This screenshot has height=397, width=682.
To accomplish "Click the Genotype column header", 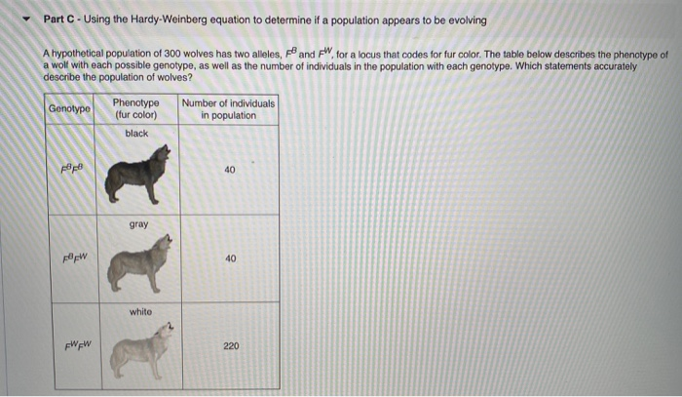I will [70, 108].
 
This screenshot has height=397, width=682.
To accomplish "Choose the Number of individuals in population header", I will [228, 108].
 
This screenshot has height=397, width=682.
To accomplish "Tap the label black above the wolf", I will [136, 134].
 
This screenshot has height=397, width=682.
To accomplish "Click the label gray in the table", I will [137, 224].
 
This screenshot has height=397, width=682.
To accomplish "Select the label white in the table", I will [137, 312].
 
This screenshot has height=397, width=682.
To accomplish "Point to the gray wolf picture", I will [141, 263].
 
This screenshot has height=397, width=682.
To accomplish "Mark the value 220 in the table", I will [230, 346].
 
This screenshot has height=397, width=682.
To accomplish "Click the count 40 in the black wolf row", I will [230, 170].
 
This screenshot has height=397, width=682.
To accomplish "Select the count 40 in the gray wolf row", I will [230, 258].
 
